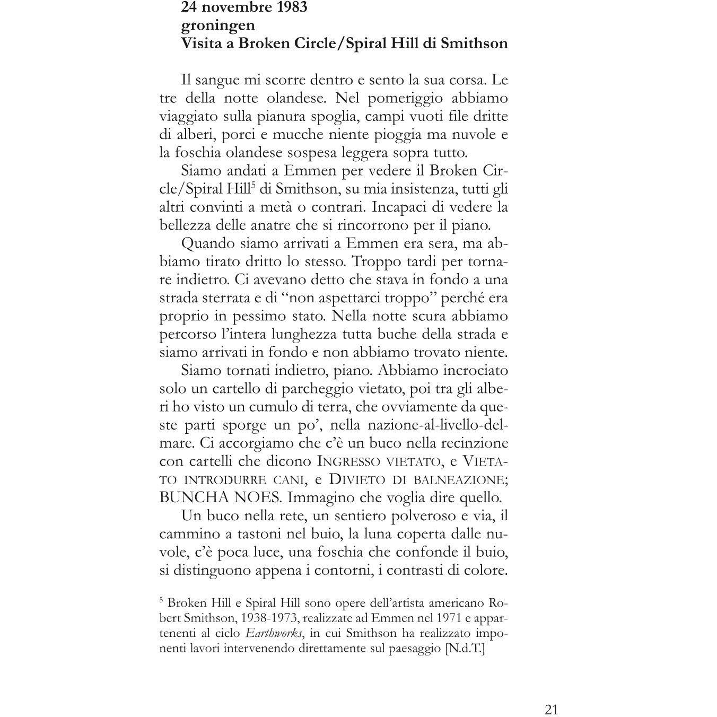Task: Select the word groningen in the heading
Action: click(x=218, y=25)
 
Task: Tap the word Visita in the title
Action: click(x=200, y=43)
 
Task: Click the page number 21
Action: click(x=551, y=695)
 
